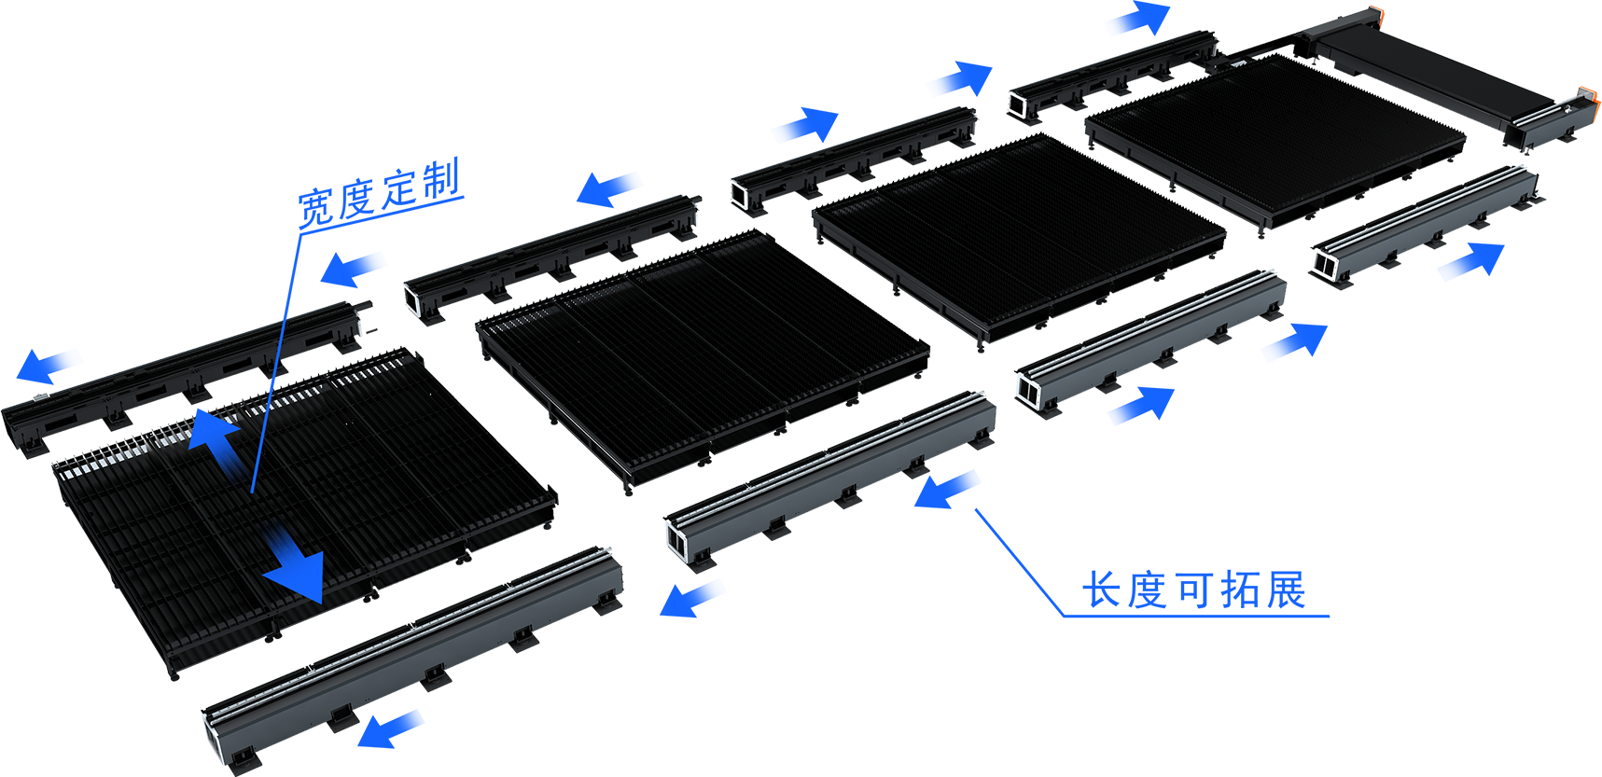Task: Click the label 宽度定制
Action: (379, 193)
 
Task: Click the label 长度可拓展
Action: (1193, 590)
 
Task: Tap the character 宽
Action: (316, 208)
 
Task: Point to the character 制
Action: (440, 179)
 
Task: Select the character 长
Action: (1102, 590)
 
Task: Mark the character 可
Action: (1193, 590)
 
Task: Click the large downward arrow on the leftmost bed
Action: (296, 565)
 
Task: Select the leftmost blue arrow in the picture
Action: (46, 365)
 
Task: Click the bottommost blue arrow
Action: (390, 728)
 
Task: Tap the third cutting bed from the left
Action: (1018, 239)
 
